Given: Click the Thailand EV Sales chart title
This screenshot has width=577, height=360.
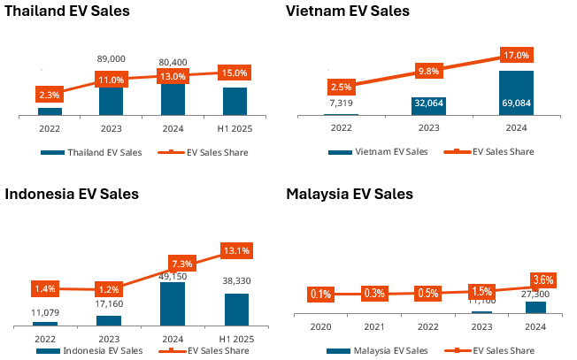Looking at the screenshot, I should coord(67,11).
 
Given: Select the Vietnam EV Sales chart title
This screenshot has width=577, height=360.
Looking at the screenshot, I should coord(348,11).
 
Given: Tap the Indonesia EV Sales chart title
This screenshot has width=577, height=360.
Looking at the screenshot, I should coord(72,194).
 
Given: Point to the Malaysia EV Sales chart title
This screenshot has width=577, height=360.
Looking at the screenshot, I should coord(350,194).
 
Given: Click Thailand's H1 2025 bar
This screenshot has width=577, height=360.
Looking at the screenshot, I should coord(235,102).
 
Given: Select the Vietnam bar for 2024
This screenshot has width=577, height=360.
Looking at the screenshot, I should coord(517,93).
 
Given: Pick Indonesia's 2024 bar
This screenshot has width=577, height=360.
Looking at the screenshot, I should coord(173,303).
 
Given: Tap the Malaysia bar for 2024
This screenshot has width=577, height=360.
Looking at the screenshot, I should coord(535,308).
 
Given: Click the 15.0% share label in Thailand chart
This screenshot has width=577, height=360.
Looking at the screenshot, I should coord(235,73).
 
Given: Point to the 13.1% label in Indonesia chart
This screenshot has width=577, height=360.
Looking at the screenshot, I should coord(235,250).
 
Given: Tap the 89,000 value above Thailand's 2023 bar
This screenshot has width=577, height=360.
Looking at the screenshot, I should coord(111,58).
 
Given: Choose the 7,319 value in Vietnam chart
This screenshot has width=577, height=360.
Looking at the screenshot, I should coord(341,103).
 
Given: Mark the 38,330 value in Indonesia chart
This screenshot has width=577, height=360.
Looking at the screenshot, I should coord(236,280).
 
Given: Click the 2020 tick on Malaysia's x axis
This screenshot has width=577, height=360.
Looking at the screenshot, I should coord(320,326).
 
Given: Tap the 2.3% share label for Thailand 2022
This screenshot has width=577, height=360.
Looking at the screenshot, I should coord(50,94).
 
